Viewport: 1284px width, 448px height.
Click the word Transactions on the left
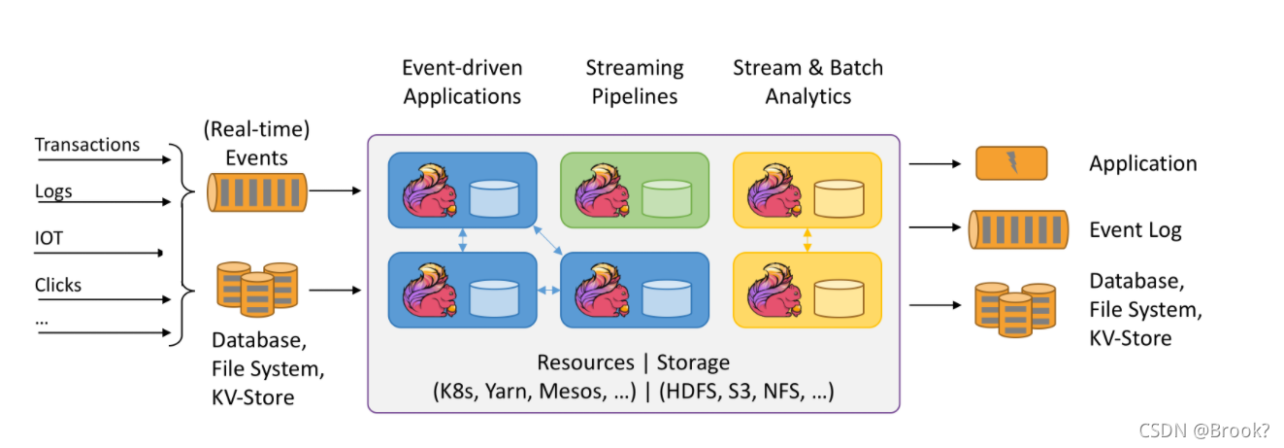pyautogui.click(x=87, y=145)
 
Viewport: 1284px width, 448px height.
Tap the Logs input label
pyautogui.click(x=53, y=191)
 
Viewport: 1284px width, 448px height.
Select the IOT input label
pyautogui.click(x=49, y=238)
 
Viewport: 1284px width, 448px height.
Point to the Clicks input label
pyautogui.click(x=58, y=285)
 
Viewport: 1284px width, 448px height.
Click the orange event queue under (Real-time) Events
pyautogui.click(x=257, y=192)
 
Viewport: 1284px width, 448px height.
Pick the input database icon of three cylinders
pyautogui.click(x=257, y=290)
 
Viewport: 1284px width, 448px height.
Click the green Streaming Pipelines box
pyautogui.click(x=635, y=190)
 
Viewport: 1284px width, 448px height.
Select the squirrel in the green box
pyautogui.click(x=603, y=190)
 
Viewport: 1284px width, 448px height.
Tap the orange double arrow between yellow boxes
pyautogui.click(x=807, y=240)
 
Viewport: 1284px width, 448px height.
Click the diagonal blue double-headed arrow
pyautogui.click(x=548, y=240)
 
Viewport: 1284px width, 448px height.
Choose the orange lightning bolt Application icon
pyautogui.click(x=1011, y=163)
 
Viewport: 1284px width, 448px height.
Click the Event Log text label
pyautogui.click(x=1136, y=230)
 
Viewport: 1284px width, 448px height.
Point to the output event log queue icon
pyautogui.click(x=1019, y=229)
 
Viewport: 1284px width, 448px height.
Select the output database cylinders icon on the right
pyautogui.click(x=1015, y=310)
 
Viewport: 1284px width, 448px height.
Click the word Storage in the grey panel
pyautogui.click(x=693, y=362)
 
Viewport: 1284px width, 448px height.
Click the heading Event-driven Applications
pyautogui.click(x=462, y=82)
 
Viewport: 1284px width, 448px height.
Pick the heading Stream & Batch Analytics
pyautogui.click(x=808, y=82)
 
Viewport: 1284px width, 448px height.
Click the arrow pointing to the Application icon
pyautogui.click(x=935, y=164)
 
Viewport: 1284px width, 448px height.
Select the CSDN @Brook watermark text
pyautogui.click(x=1203, y=431)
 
